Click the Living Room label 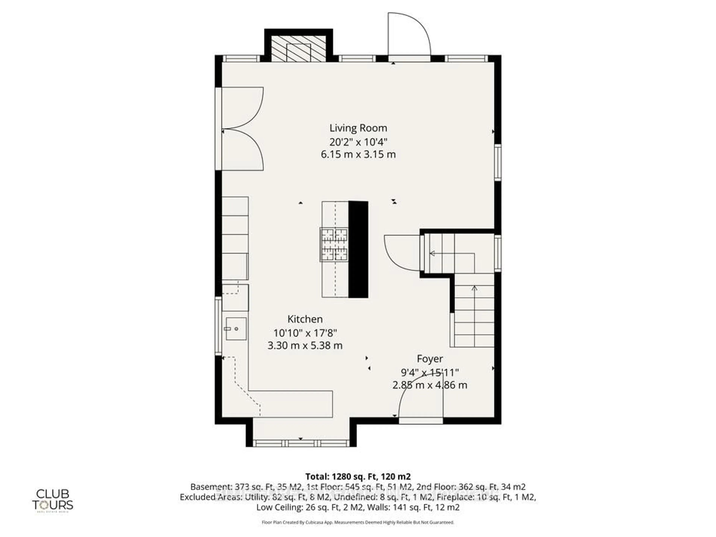click(x=358, y=128)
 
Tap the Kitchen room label click(x=305, y=319)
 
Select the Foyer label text click(x=430, y=359)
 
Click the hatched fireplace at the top click(x=298, y=48)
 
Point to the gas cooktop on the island click(x=334, y=244)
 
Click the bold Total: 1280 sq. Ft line click(x=358, y=476)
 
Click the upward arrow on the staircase click(x=474, y=288)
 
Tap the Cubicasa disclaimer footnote click(x=358, y=522)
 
